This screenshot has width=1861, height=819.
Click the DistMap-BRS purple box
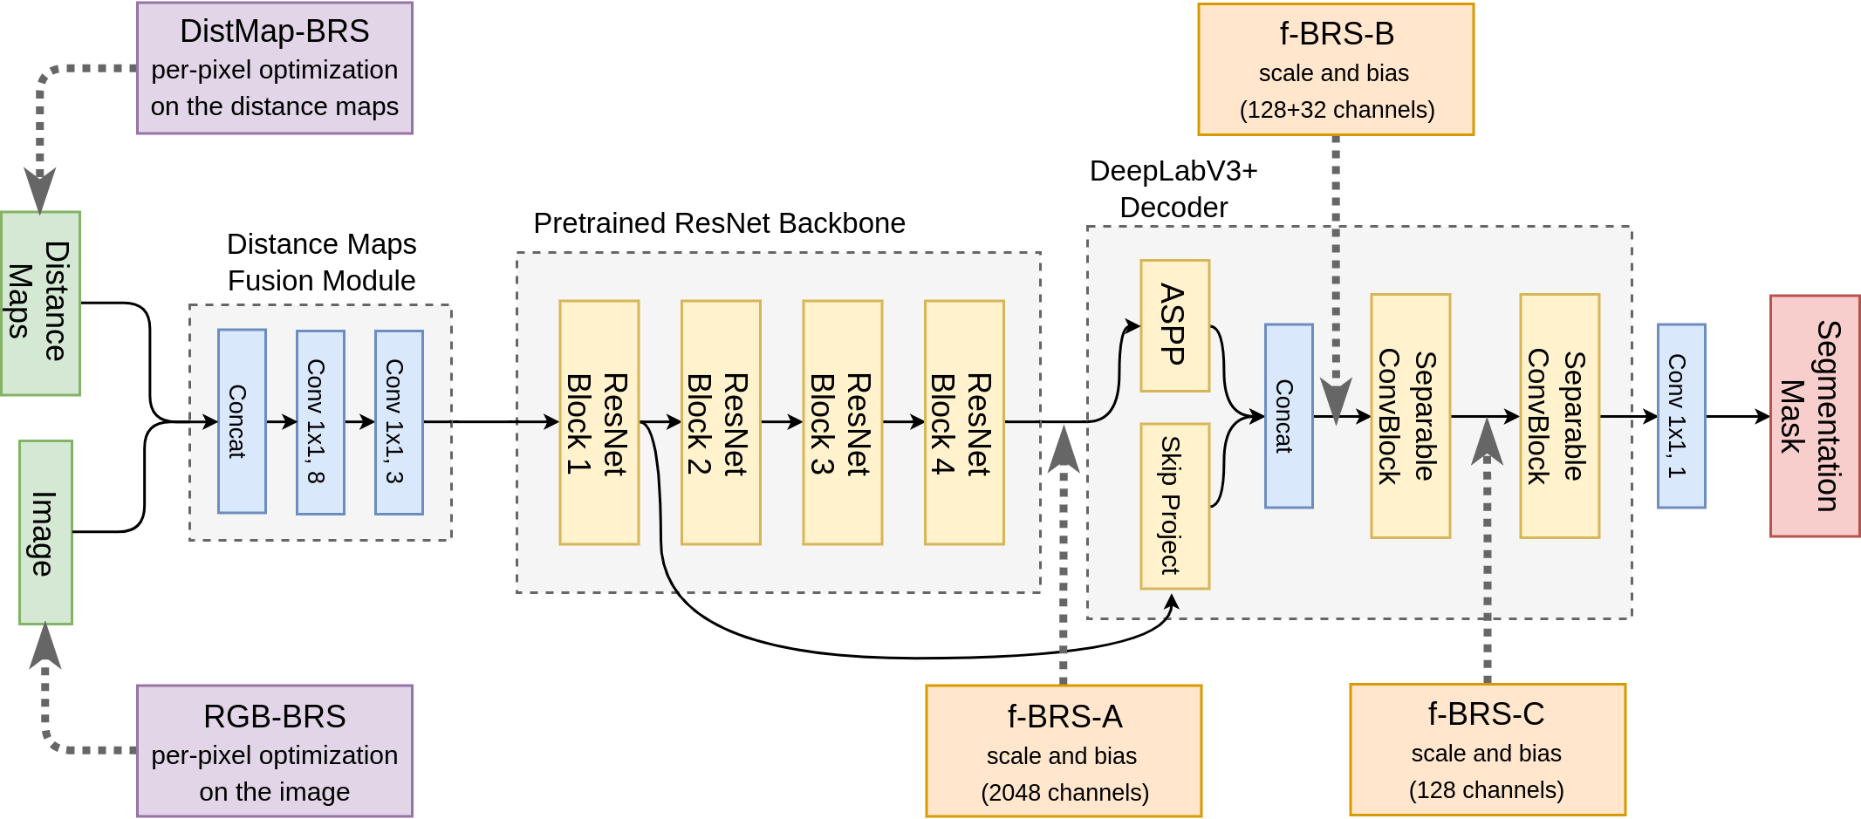275,68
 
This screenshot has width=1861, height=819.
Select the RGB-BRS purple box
275,751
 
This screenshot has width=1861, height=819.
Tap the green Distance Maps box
40,303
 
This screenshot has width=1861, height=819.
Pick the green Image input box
45,532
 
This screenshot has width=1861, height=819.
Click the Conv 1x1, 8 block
320,422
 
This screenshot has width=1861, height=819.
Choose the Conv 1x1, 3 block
399,422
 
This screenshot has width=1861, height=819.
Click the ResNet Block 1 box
599,422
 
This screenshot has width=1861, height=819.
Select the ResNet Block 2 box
721,422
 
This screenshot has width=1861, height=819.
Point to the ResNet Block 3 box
842,422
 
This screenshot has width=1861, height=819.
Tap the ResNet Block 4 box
964,422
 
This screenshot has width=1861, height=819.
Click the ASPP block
1174,325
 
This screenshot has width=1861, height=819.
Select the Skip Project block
1174,506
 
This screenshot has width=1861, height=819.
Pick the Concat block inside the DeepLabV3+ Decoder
1289,416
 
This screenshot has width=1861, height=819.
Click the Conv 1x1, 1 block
1681,416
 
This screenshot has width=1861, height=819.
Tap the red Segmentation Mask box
1815,416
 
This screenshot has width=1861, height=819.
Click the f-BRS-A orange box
1064,751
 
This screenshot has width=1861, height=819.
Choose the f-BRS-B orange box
1336,70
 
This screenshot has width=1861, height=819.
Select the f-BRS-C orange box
1488,749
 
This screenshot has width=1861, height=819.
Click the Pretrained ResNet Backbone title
719,223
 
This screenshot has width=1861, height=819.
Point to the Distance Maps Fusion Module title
321,262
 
